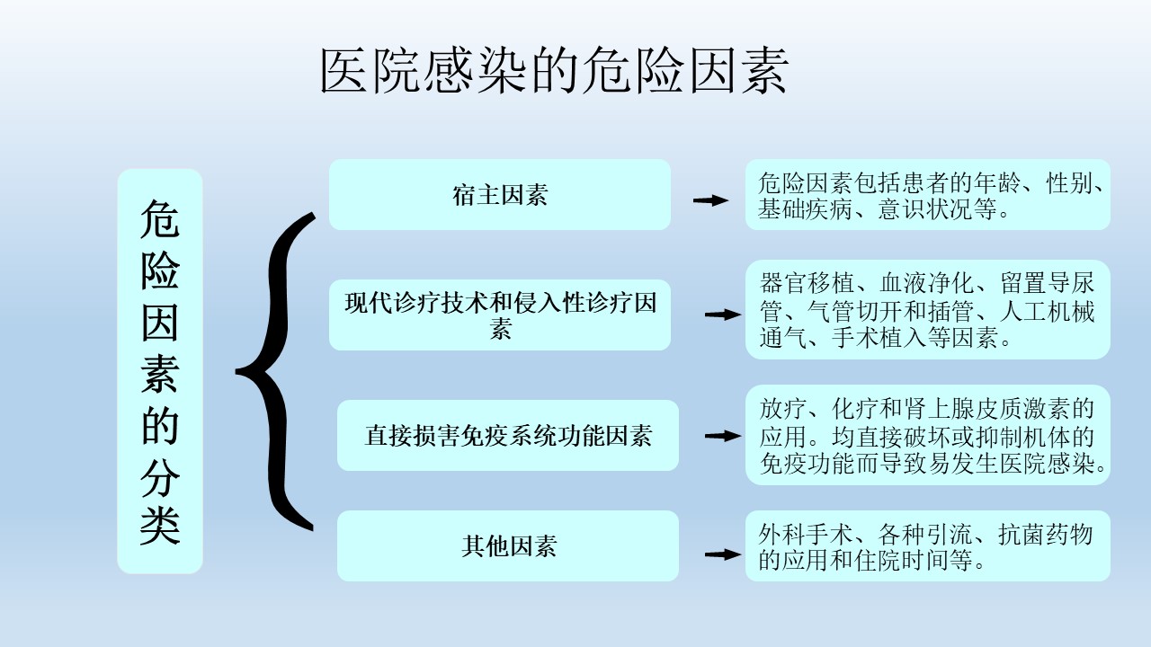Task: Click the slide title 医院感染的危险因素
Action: click(554, 71)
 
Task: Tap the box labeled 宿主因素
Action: click(500, 195)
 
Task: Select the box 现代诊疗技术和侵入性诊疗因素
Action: click(500, 315)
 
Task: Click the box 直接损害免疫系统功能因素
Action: click(508, 436)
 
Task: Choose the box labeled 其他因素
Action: click(508, 545)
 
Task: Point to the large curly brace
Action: click(275, 371)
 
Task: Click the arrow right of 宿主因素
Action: click(710, 200)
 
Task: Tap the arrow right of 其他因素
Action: click(723, 554)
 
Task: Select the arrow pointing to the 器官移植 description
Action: click(723, 315)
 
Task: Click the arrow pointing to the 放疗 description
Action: click(723, 436)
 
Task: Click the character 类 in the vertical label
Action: click(160, 527)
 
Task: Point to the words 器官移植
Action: click(807, 283)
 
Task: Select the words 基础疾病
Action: click(805, 209)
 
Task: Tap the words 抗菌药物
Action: click(1045, 535)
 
